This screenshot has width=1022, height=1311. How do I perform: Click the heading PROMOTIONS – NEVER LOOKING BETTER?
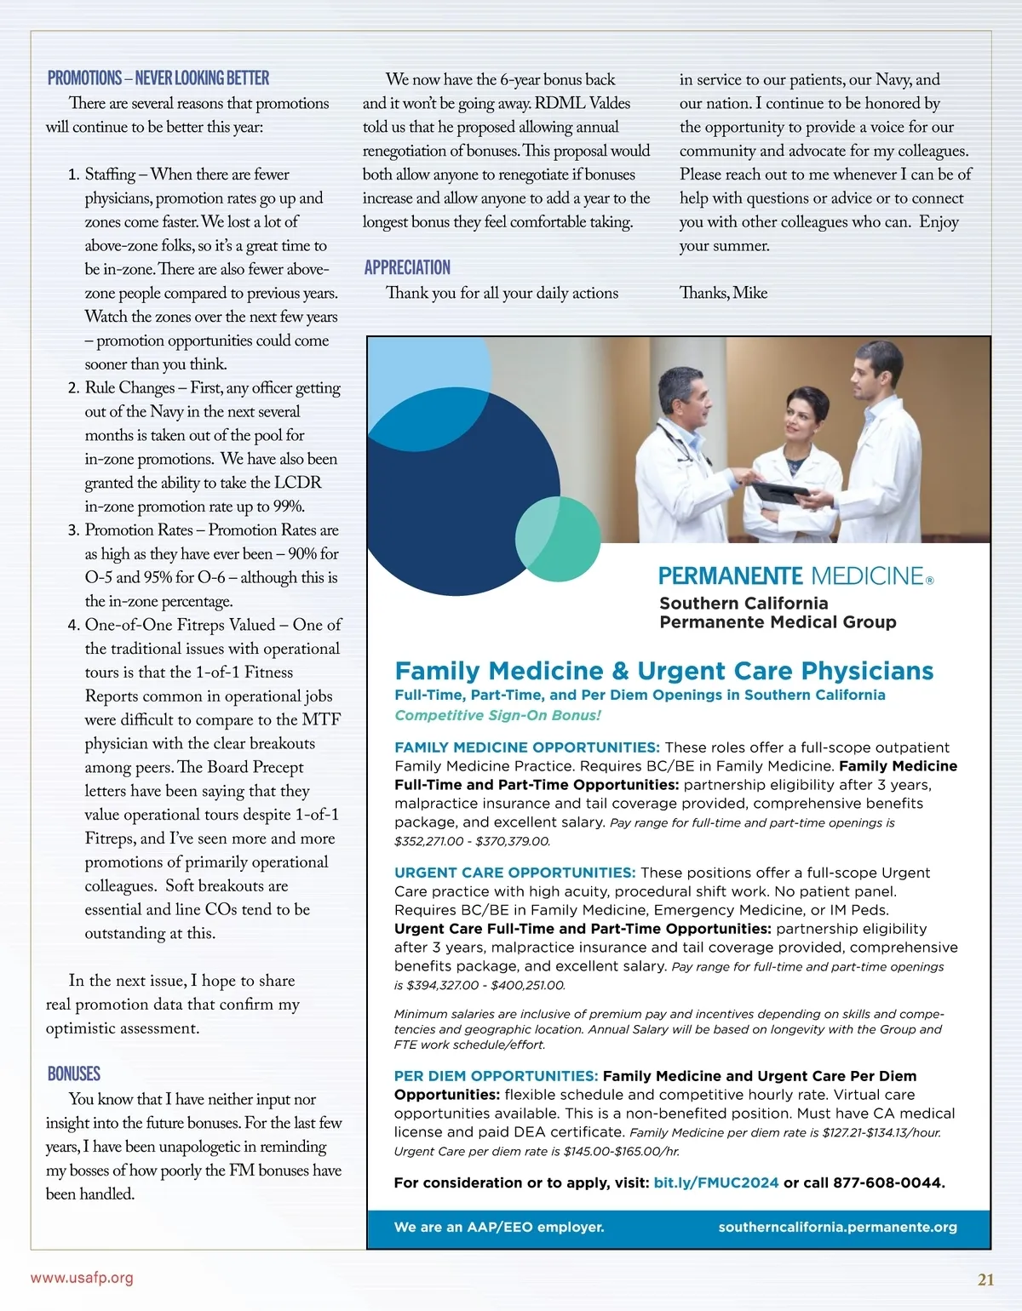[x=158, y=78]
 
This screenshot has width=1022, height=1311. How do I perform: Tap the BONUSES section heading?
[x=74, y=1073]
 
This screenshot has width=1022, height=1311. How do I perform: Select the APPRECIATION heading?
[x=407, y=267]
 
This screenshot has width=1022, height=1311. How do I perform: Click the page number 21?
[x=985, y=1280]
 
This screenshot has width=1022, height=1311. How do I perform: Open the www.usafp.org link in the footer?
[x=82, y=1278]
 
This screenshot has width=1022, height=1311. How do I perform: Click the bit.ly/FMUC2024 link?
[x=715, y=1182]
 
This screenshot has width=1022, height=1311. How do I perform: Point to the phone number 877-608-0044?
[x=888, y=1182]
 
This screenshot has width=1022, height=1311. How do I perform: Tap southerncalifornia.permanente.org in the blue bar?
[x=837, y=1227]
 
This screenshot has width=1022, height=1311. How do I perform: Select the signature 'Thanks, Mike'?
[x=723, y=293]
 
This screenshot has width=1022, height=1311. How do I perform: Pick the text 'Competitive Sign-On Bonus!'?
[x=497, y=715]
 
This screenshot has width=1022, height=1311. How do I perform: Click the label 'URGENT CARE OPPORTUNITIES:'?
[x=514, y=873]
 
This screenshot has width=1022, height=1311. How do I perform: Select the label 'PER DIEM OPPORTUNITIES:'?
[x=496, y=1076]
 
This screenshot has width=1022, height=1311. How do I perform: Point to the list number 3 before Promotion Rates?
[x=73, y=530]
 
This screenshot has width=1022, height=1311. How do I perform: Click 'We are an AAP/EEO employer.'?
[x=499, y=1227]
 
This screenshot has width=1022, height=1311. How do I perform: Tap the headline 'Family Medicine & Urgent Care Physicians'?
[x=664, y=671]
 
